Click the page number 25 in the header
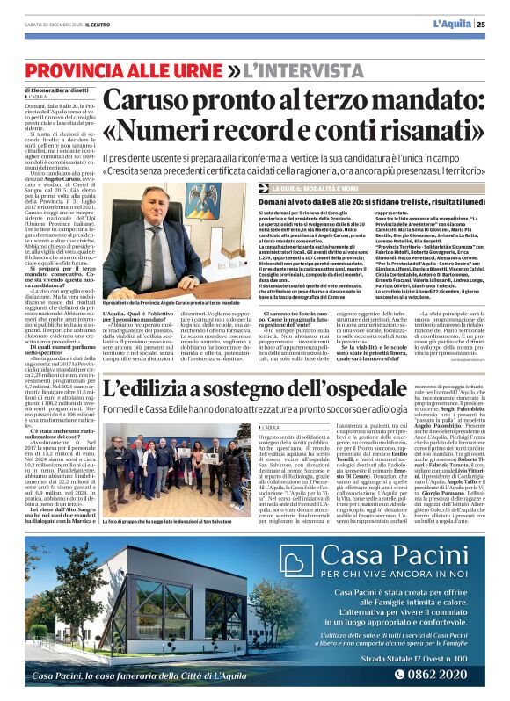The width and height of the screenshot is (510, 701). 494,23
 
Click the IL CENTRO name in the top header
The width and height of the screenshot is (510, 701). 76,23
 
